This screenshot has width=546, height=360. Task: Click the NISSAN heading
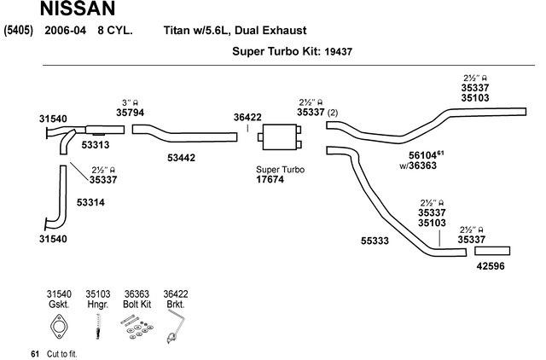[78, 9]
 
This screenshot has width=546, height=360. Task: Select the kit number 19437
[338, 52]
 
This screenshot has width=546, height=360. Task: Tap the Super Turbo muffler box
[280, 137]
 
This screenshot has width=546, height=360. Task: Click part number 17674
[270, 180]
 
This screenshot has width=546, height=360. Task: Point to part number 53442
[181, 158]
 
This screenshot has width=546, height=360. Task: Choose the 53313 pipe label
[96, 145]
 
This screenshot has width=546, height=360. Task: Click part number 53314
[90, 202]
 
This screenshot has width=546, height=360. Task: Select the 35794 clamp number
[130, 113]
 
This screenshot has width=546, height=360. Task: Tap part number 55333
[375, 241]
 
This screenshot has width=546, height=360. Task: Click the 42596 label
[491, 266]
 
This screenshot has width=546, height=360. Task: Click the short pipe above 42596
[492, 251]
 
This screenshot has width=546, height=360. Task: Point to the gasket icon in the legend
[59, 327]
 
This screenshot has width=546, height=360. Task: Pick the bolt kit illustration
[136, 327]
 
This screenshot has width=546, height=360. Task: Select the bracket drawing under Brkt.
[176, 327]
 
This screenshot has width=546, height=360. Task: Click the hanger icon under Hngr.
[98, 327]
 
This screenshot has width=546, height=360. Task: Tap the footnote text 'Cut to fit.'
[62, 354]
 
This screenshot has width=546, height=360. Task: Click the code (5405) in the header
[19, 31]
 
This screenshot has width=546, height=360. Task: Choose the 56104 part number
[422, 155]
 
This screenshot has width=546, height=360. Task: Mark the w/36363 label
[418, 165]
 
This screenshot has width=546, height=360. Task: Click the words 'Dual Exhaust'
[270, 31]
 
